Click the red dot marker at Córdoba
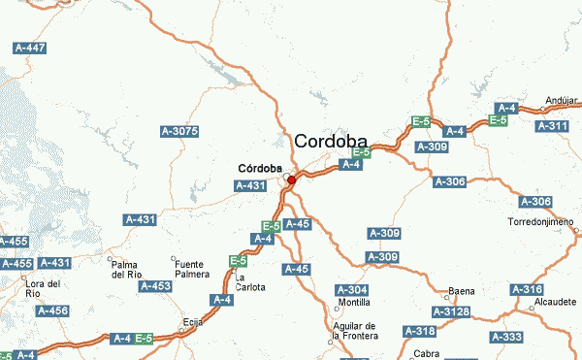tap(291, 180)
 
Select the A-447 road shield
tap(30, 48)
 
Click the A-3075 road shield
tap(178, 131)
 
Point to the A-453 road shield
tap(155, 286)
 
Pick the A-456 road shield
tap(52, 311)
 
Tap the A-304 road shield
tap(351, 290)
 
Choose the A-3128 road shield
tap(450, 311)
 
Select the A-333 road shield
tap(506, 337)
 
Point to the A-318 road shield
tap(420, 331)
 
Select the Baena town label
tap(462, 291)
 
